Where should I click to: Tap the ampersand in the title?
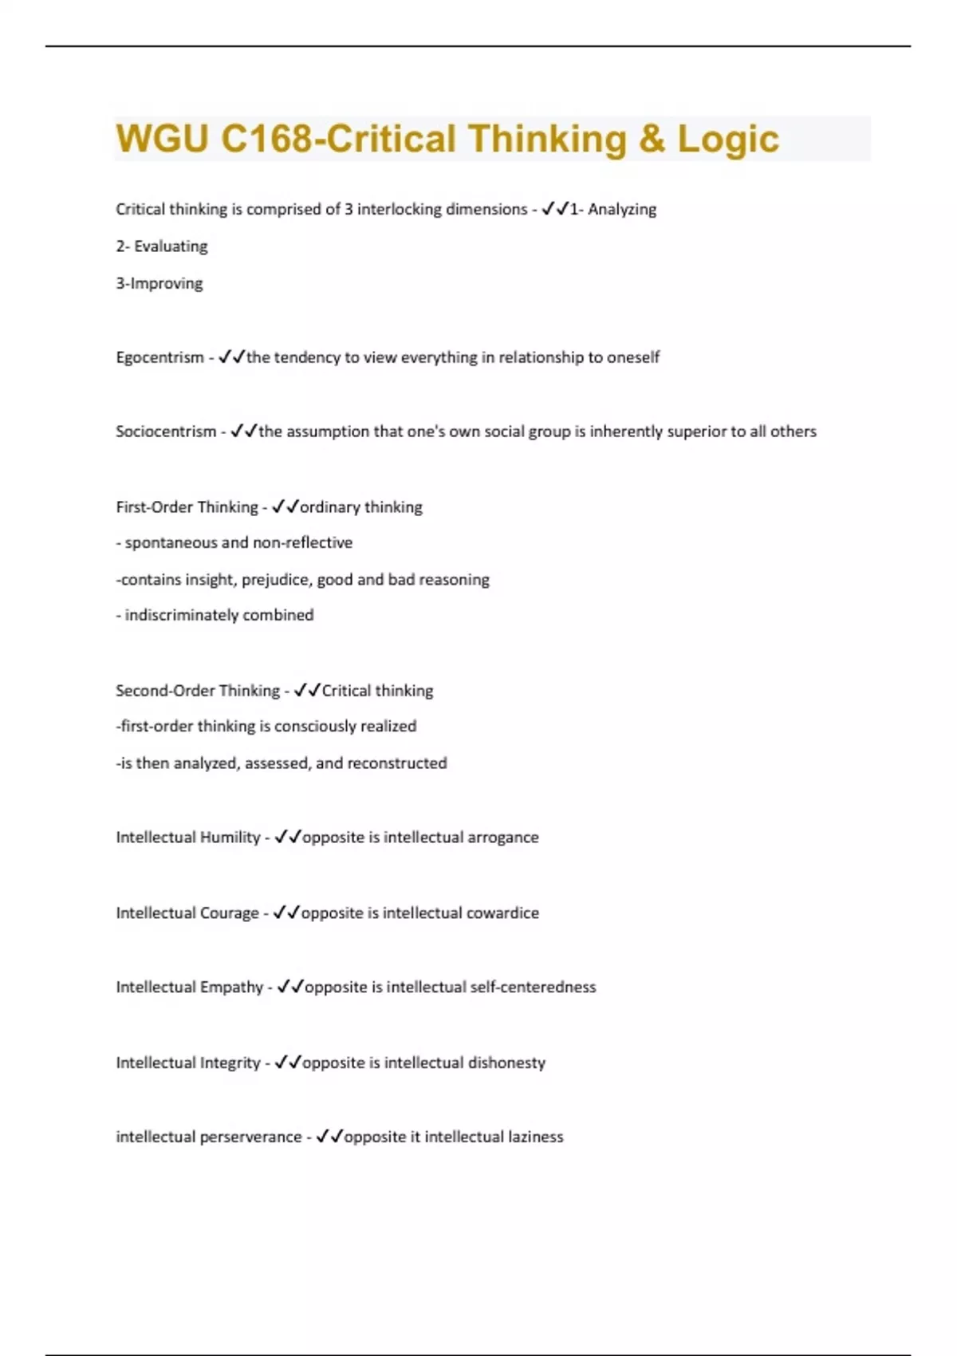651,139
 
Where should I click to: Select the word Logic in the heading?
727,139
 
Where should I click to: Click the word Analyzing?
622,210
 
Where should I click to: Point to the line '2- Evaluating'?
161,246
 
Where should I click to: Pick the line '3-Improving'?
159,283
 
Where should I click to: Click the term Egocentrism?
159,357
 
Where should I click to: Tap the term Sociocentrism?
166,432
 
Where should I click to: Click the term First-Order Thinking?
187,507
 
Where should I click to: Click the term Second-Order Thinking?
197,691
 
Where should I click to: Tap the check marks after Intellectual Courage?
286,913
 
